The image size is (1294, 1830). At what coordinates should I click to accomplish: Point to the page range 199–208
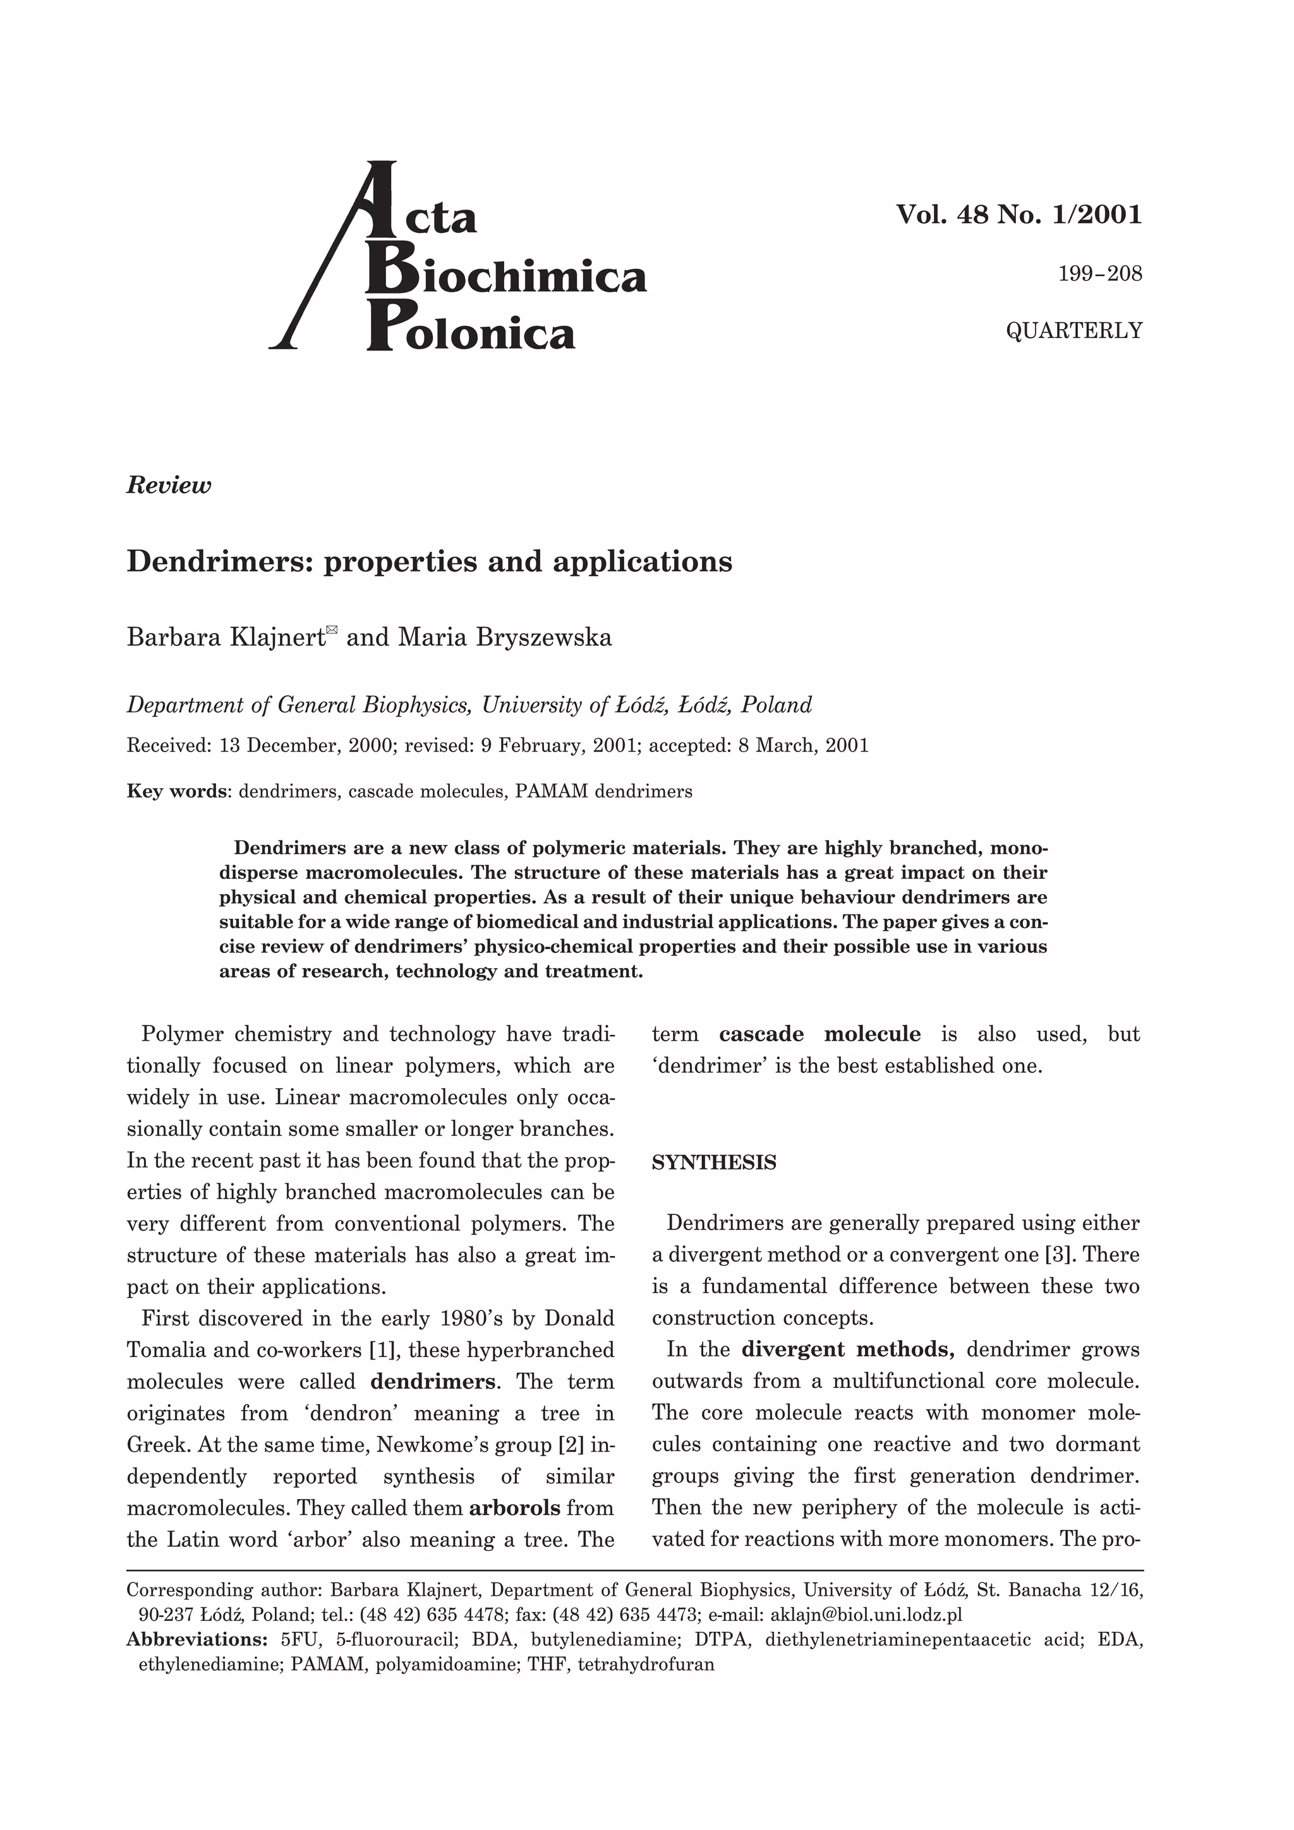pyautogui.click(x=1099, y=274)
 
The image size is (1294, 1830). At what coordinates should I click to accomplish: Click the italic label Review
pyautogui.click(x=169, y=486)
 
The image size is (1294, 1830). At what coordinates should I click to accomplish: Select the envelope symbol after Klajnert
pyautogui.click(x=332, y=630)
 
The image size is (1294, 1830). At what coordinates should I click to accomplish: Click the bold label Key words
pyautogui.click(x=178, y=791)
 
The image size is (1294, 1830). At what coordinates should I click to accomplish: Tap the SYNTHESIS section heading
pyautogui.click(x=713, y=1163)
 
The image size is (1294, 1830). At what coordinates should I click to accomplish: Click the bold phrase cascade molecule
pyautogui.click(x=819, y=1034)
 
